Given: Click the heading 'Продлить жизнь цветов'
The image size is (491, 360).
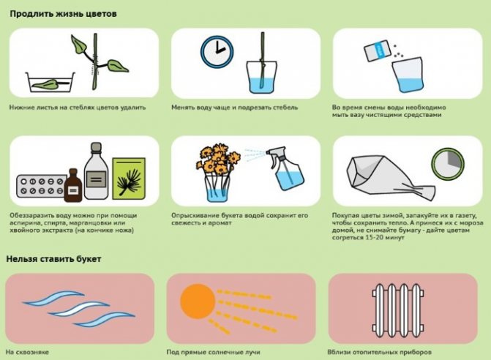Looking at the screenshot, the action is pos(63,14).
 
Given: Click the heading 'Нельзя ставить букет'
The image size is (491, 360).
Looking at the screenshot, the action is pos(53,259).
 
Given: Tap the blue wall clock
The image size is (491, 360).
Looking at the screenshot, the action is pos(217,52).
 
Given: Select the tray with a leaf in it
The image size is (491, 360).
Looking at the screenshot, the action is pos(50,82).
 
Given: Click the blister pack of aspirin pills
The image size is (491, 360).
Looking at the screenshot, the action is pos(41,187).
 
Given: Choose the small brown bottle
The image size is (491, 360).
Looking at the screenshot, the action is pos(73,185).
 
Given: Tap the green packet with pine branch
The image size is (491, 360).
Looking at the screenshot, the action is pos(129,178).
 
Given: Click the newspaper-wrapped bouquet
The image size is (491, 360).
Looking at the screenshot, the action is pos(391,178).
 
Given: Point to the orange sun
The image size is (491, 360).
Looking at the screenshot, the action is pos(198,301).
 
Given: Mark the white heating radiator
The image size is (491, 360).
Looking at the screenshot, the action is pos(398,310).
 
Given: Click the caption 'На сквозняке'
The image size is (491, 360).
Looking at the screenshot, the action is pos(27,352).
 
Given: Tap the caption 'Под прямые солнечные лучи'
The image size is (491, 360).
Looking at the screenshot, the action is pos(213,352).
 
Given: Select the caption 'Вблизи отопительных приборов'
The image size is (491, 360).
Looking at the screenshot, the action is pos(380,352).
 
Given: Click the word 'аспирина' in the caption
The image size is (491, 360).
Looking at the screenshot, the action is pos(24,223).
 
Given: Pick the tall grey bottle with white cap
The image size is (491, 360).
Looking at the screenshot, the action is pos(96,171).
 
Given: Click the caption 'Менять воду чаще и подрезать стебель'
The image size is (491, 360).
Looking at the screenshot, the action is pos(235,108).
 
